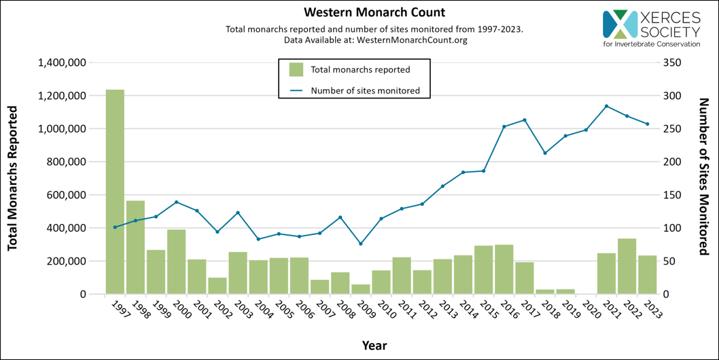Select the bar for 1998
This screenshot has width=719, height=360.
pyautogui.click(x=135, y=247)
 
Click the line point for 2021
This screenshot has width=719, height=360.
pyautogui.click(x=606, y=106)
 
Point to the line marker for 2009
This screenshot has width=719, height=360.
pyautogui.click(x=360, y=243)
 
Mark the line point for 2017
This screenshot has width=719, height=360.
pyautogui.click(x=524, y=120)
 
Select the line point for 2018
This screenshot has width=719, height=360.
pyautogui.click(x=544, y=153)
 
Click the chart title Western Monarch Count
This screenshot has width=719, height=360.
pyautogui.click(x=364, y=13)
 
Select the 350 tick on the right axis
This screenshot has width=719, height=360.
pyautogui.click(x=671, y=62)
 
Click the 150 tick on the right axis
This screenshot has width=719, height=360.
pyautogui.click(x=671, y=195)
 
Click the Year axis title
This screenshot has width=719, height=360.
pyautogui.click(x=374, y=345)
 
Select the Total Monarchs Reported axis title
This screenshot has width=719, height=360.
pyautogui.click(x=12, y=178)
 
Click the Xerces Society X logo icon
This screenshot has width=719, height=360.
pyautogui.click(x=619, y=24)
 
